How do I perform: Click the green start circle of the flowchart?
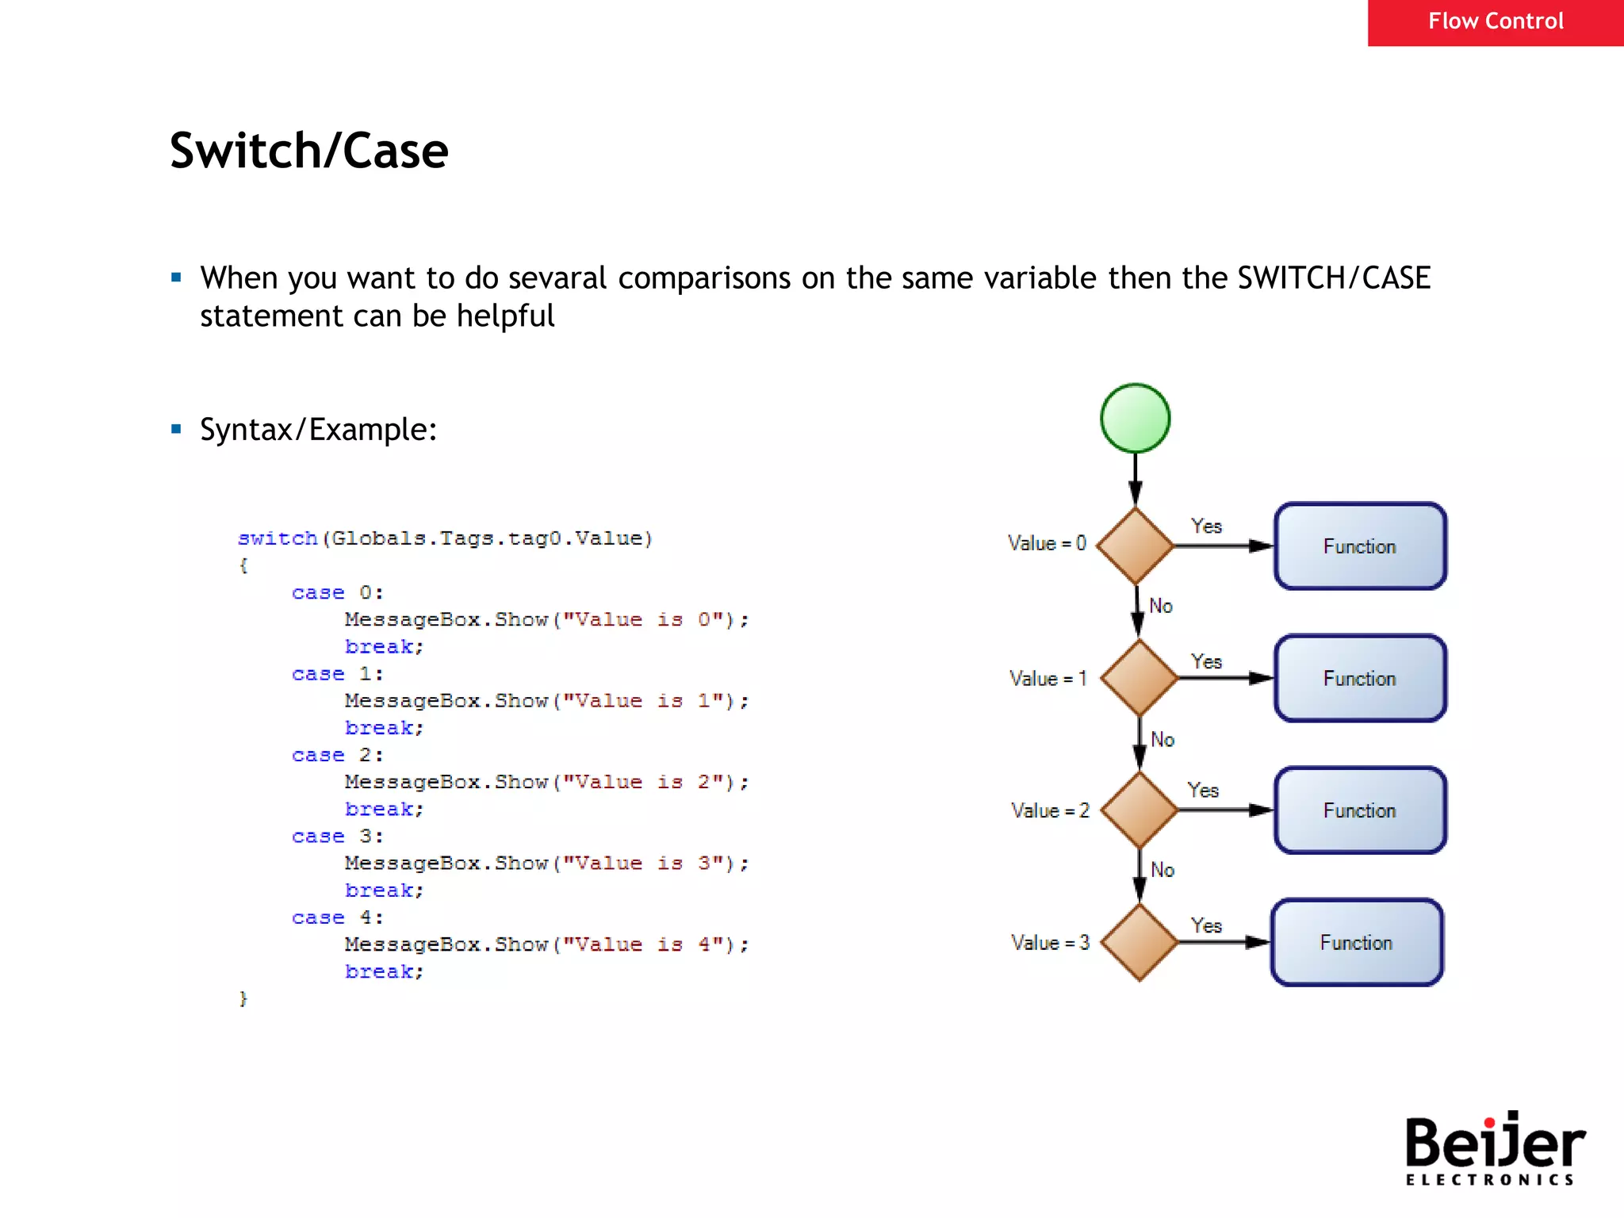click(x=1135, y=418)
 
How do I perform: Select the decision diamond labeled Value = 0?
click(x=1135, y=546)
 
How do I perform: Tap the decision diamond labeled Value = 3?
click(x=1139, y=942)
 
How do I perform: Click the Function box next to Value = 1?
click(x=1359, y=678)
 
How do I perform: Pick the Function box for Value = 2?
click(x=1359, y=810)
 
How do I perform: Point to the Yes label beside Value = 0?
click(x=1205, y=526)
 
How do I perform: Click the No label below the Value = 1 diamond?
click(x=1162, y=739)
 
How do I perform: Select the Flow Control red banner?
click(x=1495, y=21)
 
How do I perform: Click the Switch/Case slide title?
click(x=308, y=151)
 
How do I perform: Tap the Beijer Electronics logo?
click(x=1494, y=1148)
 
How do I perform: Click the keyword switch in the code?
click(x=277, y=538)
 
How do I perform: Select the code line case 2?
click(x=337, y=755)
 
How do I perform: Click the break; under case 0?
click(x=384, y=647)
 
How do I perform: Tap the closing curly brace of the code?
click(x=243, y=998)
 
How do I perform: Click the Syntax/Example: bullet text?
click(x=318, y=430)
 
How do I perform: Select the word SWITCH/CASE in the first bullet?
click(x=1333, y=278)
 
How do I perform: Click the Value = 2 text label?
click(x=1049, y=810)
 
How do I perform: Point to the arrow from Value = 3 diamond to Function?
click(x=1224, y=942)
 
